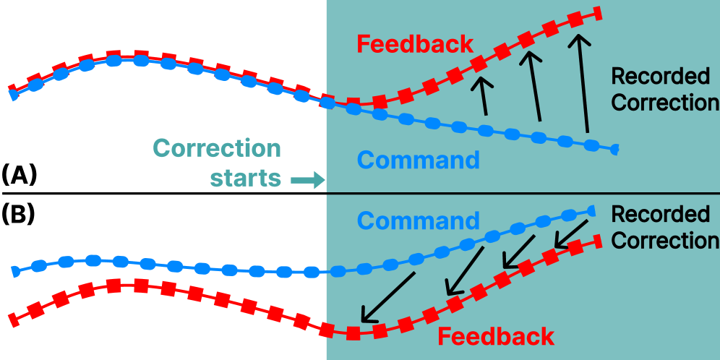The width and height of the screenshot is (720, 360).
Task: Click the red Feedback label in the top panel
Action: [x=415, y=44]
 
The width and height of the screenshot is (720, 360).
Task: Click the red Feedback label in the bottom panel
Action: [x=496, y=337]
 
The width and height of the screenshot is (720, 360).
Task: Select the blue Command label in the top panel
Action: [x=419, y=160]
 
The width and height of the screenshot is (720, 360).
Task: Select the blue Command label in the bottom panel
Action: [x=419, y=220]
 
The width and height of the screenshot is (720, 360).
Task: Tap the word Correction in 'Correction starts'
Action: [x=217, y=148]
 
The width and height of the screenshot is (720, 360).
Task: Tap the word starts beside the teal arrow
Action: [x=245, y=178]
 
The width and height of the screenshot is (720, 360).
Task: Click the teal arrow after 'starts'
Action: [x=307, y=180]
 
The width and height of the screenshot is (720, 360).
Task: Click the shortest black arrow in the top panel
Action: [x=481, y=97]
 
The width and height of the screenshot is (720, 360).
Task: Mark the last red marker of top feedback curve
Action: [x=598, y=12]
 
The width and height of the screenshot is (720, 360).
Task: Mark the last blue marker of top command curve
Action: [x=615, y=150]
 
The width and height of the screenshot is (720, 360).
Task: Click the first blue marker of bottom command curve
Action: [x=14, y=272]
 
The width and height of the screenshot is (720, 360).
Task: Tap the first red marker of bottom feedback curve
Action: [x=12, y=317]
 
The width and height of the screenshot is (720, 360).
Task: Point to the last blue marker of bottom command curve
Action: [x=591, y=211]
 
